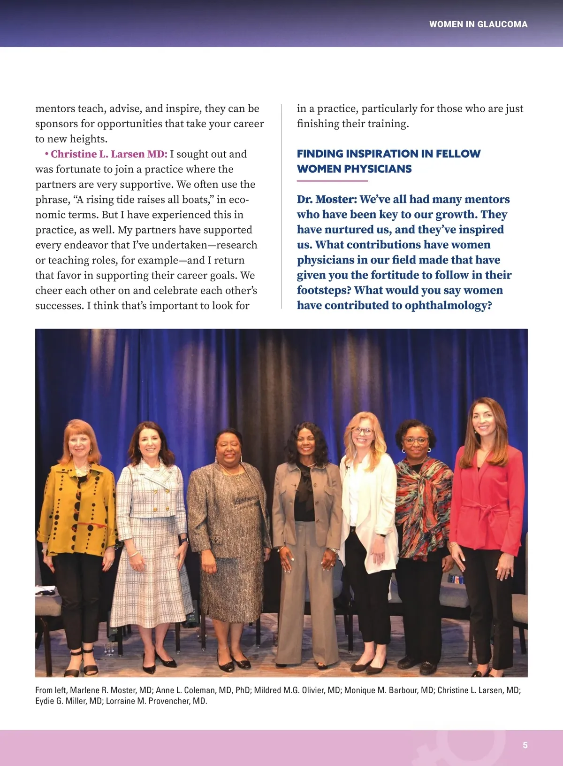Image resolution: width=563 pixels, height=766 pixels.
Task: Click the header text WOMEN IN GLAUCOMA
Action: coord(478,24)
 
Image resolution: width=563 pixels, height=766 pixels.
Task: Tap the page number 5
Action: coord(525,745)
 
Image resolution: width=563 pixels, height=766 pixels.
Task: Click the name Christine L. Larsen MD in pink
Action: coord(109,154)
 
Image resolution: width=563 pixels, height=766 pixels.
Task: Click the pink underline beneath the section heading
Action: coord(332,181)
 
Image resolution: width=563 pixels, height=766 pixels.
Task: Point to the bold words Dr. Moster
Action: coord(327,199)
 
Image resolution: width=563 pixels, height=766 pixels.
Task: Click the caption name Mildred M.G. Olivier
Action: coord(297,690)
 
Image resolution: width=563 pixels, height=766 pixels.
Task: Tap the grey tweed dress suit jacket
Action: coord(228,507)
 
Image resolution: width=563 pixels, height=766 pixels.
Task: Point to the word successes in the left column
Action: coord(59,306)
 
